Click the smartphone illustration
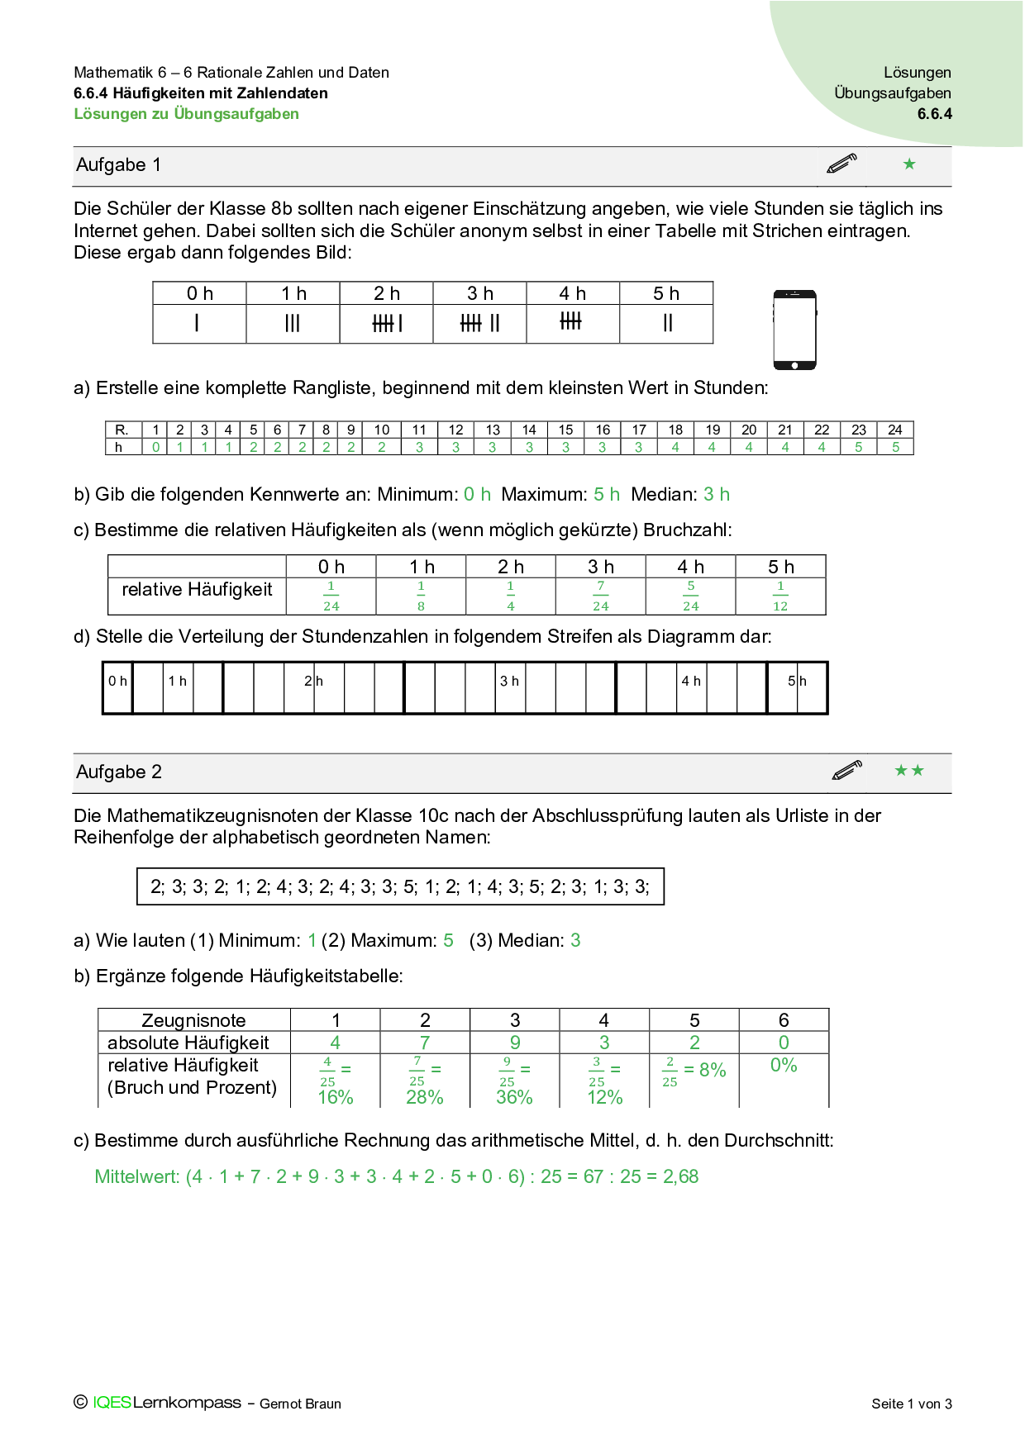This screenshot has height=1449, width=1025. [794, 330]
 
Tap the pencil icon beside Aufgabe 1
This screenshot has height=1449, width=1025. [841, 164]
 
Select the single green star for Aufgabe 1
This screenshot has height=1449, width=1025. [909, 164]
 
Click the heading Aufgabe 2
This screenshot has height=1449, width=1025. [119, 772]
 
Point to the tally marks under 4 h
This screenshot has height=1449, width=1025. [570, 321]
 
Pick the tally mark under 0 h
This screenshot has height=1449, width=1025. [197, 323]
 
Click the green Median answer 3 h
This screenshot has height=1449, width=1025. [716, 495]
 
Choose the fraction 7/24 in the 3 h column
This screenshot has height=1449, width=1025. [601, 596]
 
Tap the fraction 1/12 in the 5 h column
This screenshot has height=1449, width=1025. [780, 596]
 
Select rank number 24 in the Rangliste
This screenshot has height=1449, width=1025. [895, 430]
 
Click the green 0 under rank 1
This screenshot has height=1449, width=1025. [155, 447]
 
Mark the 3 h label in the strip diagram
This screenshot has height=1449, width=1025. [509, 682]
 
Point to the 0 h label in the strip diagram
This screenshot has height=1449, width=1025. [117, 682]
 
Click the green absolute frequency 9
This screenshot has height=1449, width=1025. [514, 1043]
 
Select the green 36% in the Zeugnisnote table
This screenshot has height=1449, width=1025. [514, 1098]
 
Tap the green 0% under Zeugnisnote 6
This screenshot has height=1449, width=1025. [784, 1066]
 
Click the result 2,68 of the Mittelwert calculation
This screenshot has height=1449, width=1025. [681, 1177]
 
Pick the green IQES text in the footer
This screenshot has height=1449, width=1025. [112, 1403]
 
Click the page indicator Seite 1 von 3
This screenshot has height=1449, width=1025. [911, 1404]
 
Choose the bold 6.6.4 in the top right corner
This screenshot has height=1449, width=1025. [934, 114]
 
